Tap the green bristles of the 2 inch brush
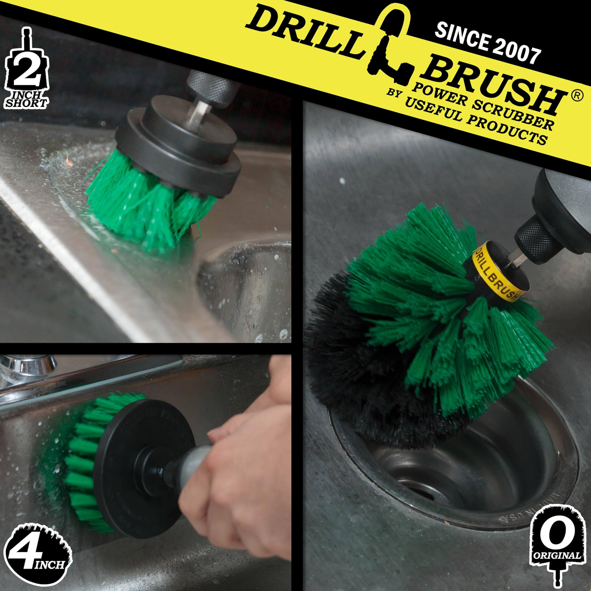[x=147, y=211]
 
